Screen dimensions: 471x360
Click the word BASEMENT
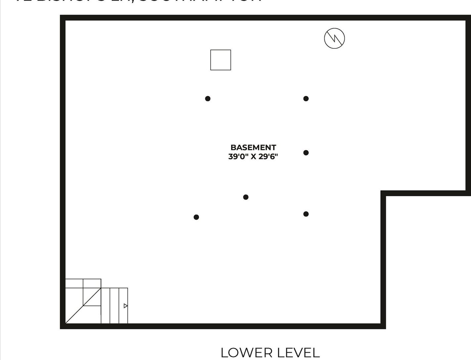(253, 148)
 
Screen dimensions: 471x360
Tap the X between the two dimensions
(253, 157)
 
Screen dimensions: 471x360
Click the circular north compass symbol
(334, 38)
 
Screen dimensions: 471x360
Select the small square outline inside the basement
(221, 60)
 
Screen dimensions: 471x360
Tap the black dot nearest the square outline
(208, 99)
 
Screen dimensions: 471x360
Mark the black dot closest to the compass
(306, 99)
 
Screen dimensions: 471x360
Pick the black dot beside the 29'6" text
(306, 153)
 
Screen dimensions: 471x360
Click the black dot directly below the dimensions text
(246, 197)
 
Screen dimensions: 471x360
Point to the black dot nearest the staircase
(196, 217)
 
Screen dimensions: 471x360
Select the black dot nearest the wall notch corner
(306, 214)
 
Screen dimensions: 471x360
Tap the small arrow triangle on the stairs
(125, 306)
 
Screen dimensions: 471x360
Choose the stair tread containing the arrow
(123, 306)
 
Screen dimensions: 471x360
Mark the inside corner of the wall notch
(383, 194)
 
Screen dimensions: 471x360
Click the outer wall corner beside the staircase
(63, 326)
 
